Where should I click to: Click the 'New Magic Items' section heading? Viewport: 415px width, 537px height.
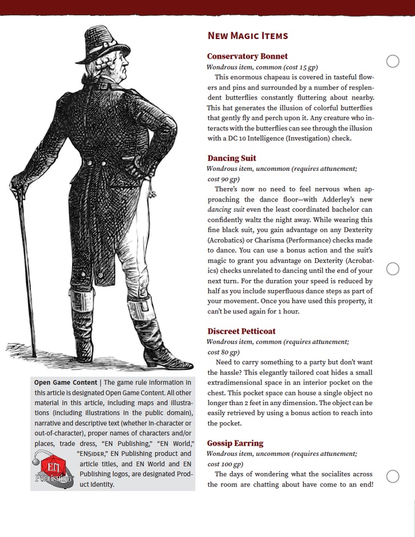pyautogui.click(x=247, y=36)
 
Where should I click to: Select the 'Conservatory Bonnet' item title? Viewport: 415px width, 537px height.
pyautogui.click(x=247, y=56)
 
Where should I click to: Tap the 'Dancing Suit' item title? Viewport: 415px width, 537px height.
pyautogui.click(x=231, y=159)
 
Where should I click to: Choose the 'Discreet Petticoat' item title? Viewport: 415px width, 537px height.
pyautogui.click(x=241, y=331)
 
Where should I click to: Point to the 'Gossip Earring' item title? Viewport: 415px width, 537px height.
pyautogui.click(x=235, y=443)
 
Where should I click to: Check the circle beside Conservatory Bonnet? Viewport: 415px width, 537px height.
pyautogui.click(x=394, y=60)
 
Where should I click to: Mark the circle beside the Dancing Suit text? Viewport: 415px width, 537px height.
pyautogui.click(x=394, y=269)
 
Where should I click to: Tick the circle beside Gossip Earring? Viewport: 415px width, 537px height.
pyautogui.click(x=394, y=476)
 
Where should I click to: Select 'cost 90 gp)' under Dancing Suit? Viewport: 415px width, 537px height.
pyautogui.click(x=223, y=179)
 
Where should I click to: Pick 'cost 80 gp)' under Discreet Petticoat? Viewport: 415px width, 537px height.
pyautogui.click(x=223, y=352)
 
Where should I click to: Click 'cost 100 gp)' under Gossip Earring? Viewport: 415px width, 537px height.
pyautogui.click(x=225, y=464)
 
